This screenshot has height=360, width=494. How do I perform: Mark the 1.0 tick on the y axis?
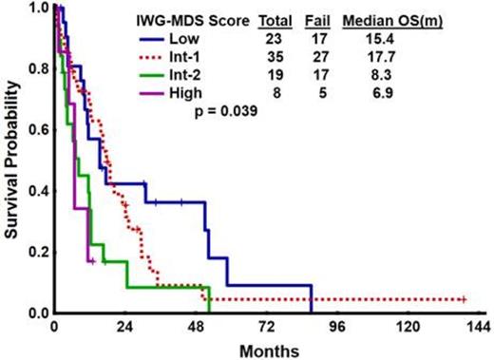pyautogui.click(x=36, y=8)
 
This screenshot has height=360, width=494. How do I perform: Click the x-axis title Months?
pyautogui.click(x=268, y=349)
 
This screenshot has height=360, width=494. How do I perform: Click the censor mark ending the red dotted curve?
pyautogui.click(x=463, y=299)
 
